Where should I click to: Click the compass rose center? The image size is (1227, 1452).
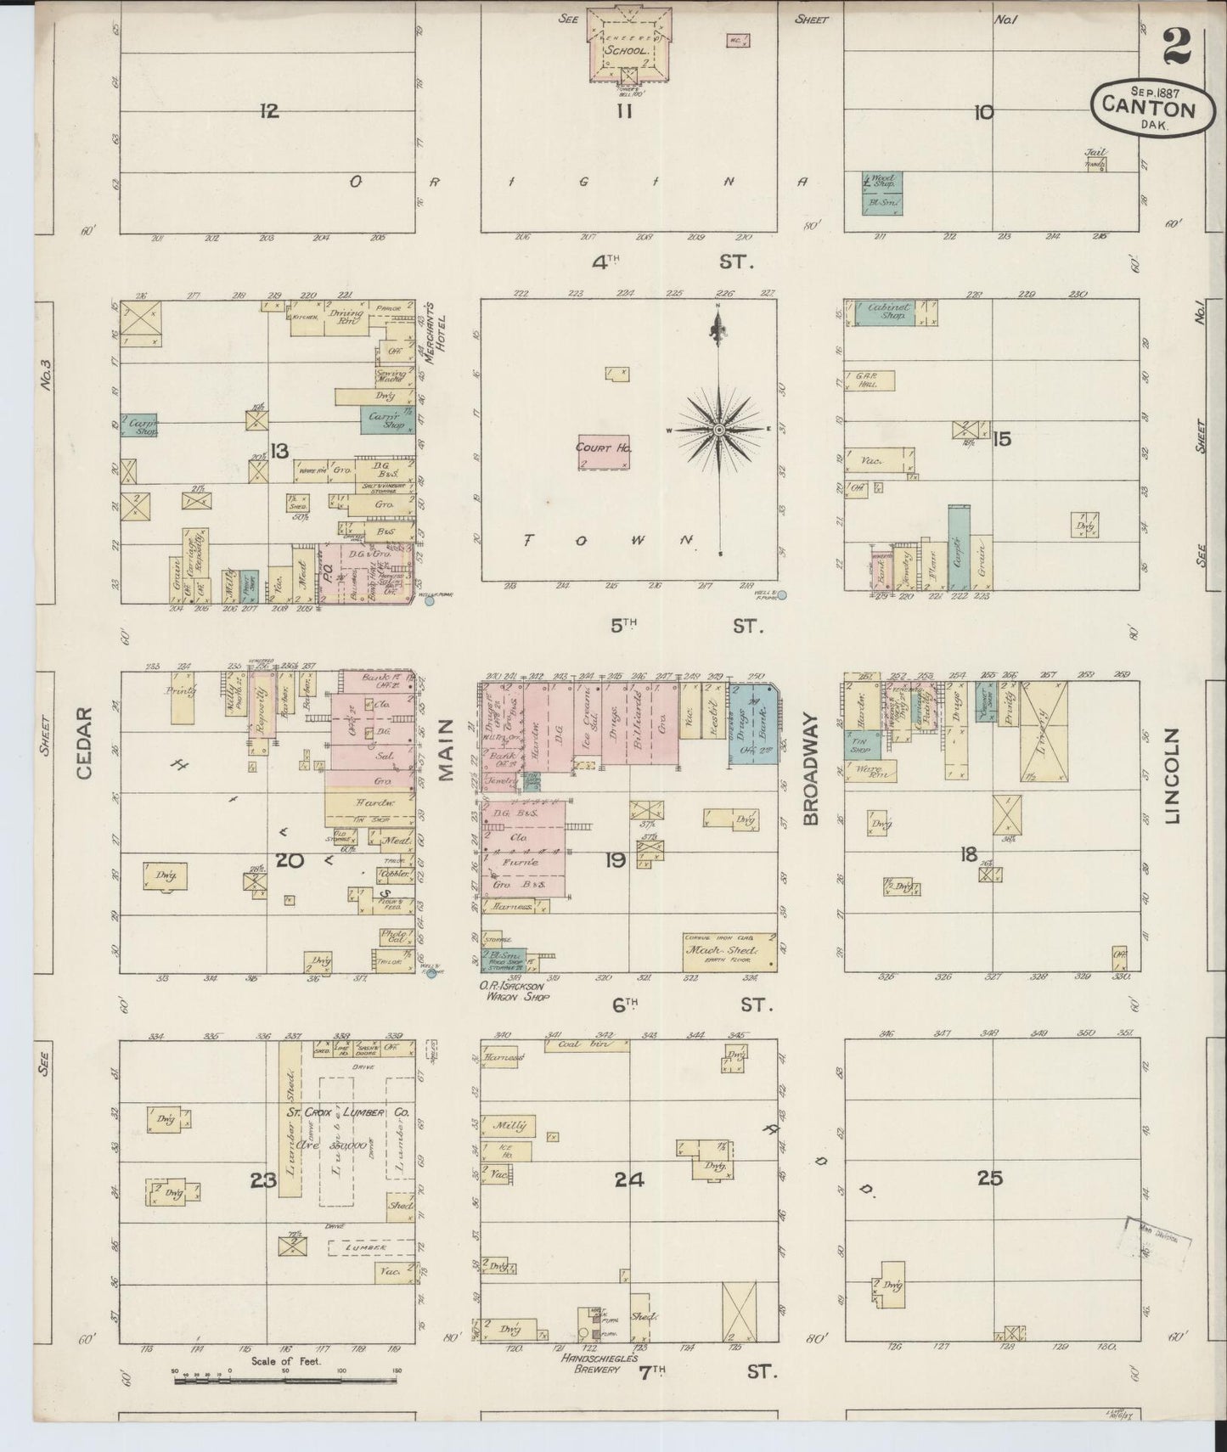[x=719, y=430]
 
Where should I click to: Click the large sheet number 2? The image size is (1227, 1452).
[x=1177, y=47]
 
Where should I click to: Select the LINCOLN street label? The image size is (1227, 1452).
[x=1174, y=776]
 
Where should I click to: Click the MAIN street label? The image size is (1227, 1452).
[x=447, y=761]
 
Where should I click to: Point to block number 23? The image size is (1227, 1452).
[x=264, y=1179]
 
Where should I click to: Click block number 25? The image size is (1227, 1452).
[x=989, y=1178]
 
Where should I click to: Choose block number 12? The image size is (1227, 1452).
[x=269, y=110]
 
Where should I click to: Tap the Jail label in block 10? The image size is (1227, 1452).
[x=1094, y=154]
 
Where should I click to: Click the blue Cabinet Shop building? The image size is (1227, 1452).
[x=885, y=312]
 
